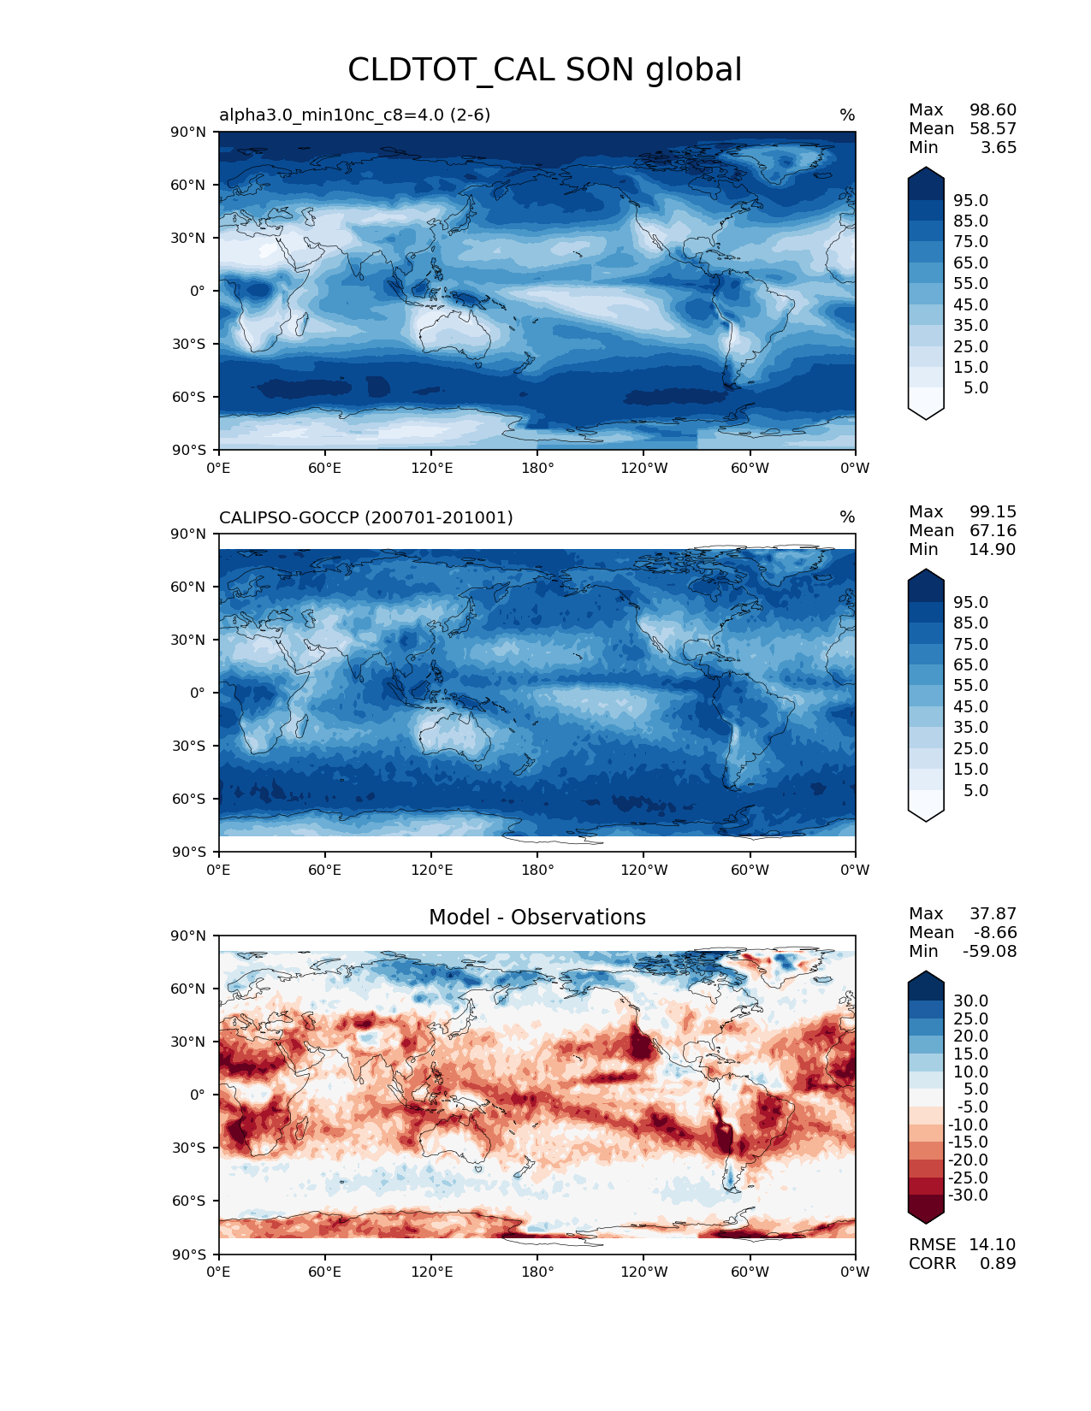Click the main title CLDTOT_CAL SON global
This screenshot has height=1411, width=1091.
544,70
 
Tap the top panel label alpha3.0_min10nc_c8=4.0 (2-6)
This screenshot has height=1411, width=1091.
354,115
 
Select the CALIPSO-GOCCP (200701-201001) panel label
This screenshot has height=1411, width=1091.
365,517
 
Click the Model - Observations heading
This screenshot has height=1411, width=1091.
537,918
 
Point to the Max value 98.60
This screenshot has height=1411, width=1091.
993,110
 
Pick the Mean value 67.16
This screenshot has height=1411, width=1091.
993,531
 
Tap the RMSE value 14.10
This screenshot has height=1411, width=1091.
992,1245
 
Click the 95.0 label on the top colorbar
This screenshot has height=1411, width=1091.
970,200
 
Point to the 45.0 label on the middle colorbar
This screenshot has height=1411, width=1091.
970,707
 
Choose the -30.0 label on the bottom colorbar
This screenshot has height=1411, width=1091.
968,1196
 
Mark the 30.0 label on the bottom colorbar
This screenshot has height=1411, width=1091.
970,1001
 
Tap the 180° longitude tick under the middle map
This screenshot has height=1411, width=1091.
537,871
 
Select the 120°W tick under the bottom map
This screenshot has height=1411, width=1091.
643,1272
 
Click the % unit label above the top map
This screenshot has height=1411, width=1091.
847,115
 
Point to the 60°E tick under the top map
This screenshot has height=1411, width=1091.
324,469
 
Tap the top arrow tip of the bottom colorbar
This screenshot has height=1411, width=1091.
926,972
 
